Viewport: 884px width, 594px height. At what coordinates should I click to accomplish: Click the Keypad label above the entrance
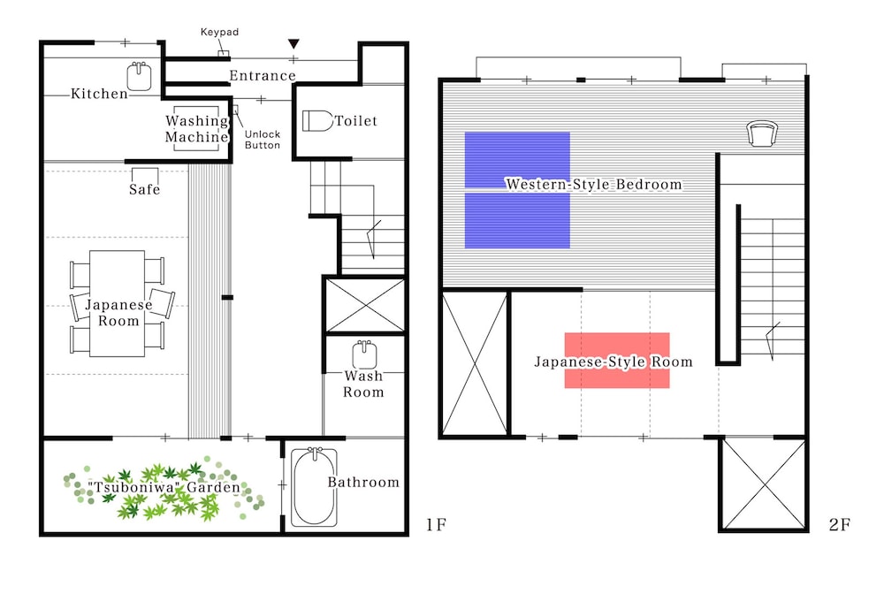(x=219, y=32)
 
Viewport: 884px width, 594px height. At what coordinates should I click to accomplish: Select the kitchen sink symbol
(x=139, y=76)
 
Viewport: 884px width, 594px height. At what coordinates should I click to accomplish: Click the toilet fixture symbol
(x=318, y=120)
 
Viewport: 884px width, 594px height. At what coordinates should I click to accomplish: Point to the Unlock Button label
(x=263, y=139)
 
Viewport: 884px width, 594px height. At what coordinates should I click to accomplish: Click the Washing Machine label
(x=197, y=128)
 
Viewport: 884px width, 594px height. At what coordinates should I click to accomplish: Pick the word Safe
(x=144, y=189)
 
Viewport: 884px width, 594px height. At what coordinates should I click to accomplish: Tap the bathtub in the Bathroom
(x=315, y=487)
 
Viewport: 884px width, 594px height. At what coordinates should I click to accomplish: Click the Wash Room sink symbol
(x=364, y=355)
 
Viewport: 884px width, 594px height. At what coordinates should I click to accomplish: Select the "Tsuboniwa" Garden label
(x=164, y=487)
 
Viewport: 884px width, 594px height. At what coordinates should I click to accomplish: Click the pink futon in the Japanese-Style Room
(x=617, y=360)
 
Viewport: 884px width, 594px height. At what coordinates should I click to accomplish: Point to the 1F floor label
(x=436, y=525)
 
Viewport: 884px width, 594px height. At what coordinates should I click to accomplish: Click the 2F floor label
(x=840, y=525)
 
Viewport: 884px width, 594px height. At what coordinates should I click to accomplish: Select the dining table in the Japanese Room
(x=118, y=303)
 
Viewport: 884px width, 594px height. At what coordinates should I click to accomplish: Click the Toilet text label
(x=355, y=120)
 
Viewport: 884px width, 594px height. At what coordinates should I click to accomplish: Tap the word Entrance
(x=263, y=75)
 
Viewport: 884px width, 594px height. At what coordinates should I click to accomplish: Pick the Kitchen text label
(x=99, y=94)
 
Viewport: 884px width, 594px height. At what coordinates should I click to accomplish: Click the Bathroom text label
(x=363, y=483)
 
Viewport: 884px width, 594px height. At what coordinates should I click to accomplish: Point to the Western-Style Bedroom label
(x=594, y=184)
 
